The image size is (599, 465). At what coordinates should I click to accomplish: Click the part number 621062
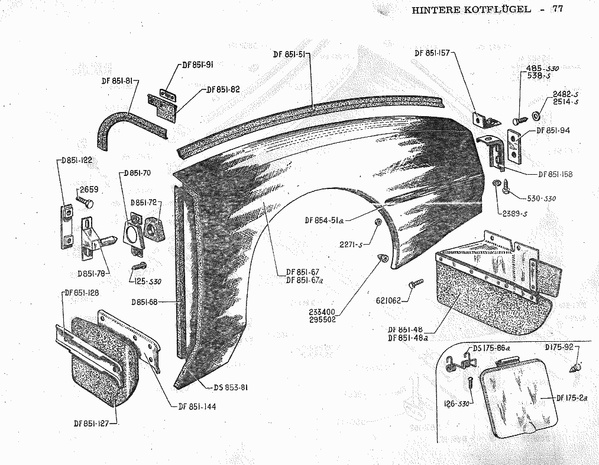point(388,300)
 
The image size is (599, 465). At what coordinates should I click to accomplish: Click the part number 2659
point(88,190)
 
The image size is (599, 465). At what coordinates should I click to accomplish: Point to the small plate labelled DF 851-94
point(516,145)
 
